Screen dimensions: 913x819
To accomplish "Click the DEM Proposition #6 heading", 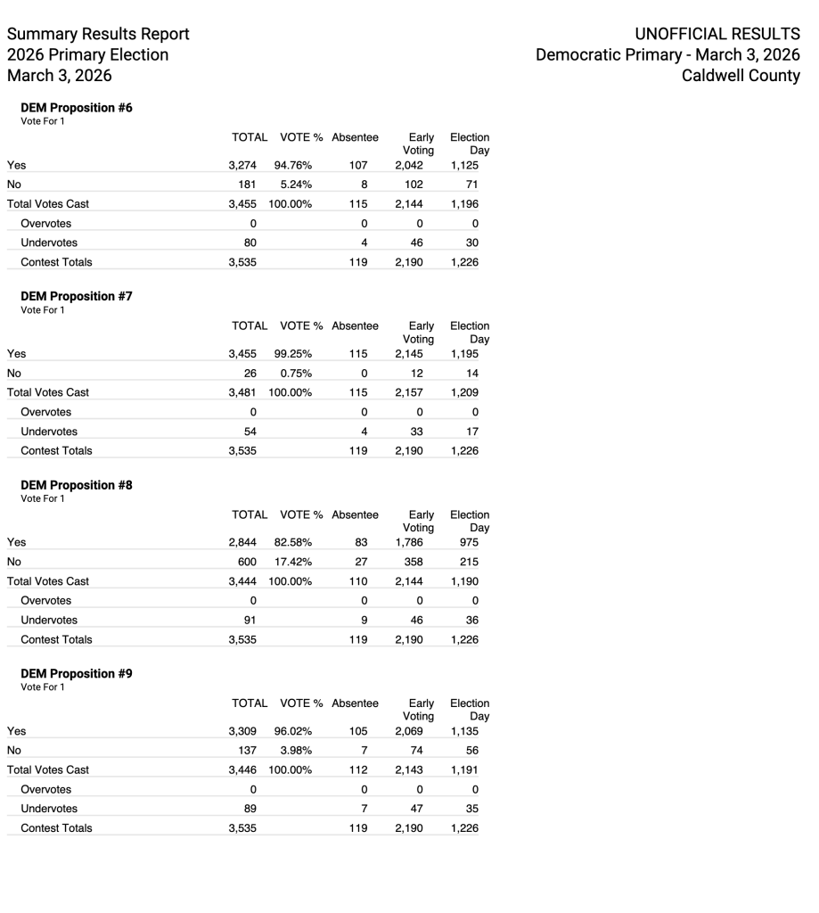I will point(77,108).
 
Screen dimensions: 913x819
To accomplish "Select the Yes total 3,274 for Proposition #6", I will point(242,165).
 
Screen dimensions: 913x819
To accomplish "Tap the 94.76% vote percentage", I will point(293,165).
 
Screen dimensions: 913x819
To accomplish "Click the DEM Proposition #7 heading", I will point(77,296).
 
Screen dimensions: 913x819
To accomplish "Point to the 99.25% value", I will point(293,353).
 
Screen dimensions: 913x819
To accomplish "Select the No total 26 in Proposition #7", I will point(250,373).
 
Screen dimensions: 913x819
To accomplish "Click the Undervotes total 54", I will point(250,432).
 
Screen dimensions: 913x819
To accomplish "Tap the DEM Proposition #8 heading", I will point(77,485).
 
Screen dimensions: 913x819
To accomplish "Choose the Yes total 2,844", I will point(242,542).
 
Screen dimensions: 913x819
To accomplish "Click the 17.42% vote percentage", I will point(293,562).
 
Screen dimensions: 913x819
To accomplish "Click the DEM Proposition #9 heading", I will point(77,674).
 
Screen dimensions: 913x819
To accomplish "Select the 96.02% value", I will point(293,731).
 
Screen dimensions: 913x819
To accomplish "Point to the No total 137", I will point(247,751).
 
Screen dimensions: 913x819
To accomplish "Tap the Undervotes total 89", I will point(250,809).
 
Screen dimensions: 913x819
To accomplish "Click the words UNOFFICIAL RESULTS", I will point(717,34).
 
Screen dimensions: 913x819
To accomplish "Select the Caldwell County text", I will point(741,76).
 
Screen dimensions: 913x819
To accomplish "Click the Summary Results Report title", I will point(98,34).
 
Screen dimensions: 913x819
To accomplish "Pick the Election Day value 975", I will point(468,542).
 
